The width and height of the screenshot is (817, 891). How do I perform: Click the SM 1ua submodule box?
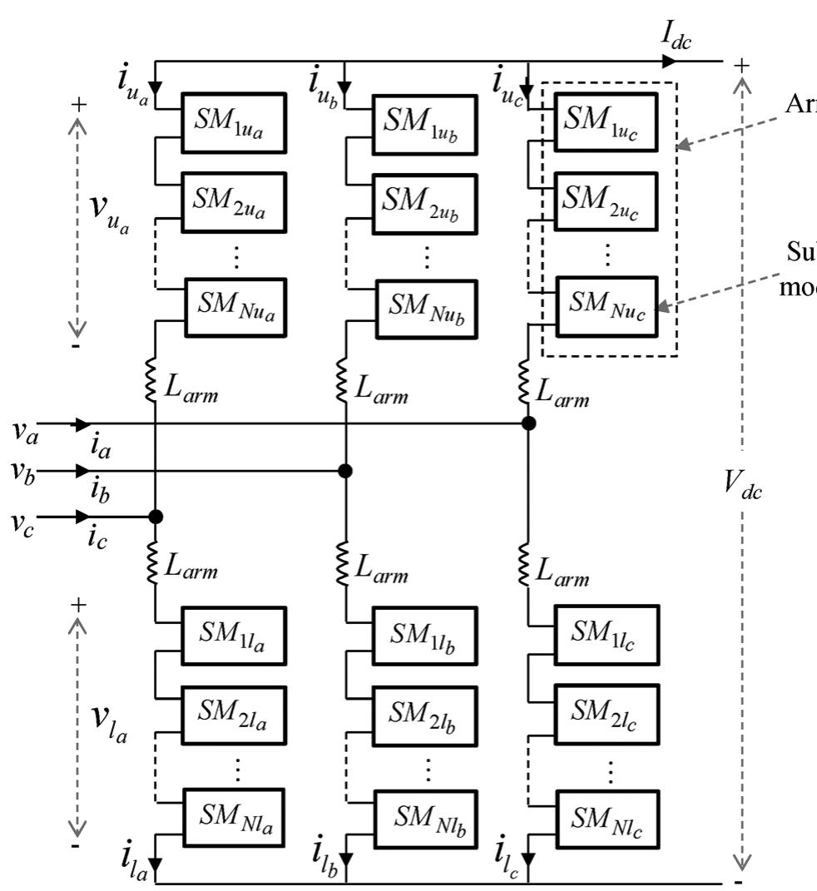coord(234,123)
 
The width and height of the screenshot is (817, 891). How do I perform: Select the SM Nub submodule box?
coord(426,309)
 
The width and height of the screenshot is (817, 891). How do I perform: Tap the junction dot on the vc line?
coord(156,517)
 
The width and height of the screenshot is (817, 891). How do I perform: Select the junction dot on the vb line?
coord(345,471)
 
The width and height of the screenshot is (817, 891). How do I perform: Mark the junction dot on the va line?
coord(527,423)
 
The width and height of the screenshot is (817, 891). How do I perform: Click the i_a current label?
coord(102,449)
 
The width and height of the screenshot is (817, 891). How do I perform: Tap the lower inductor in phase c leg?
coord(526,564)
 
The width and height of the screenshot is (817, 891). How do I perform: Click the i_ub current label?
coord(323,83)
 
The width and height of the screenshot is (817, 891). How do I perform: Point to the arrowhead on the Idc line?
coord(668,61)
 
